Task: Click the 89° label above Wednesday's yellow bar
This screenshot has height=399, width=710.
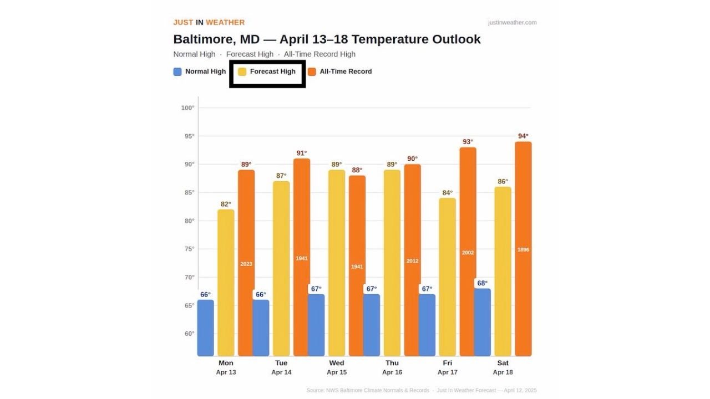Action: coord(337,165)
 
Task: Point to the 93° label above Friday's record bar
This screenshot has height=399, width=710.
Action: coord(468,142)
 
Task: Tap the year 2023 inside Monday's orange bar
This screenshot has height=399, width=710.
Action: coord(246,264)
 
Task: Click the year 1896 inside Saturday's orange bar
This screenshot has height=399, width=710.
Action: coord(523,250)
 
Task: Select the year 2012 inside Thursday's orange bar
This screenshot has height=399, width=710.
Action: coord(412,261)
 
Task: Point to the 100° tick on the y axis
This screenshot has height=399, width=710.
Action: coord(187,108)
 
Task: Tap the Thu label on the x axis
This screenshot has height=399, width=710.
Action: coord(392,363)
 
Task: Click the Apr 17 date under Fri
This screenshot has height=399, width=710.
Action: coord(448,372)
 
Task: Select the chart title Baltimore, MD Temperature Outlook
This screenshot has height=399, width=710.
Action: coord(327,39)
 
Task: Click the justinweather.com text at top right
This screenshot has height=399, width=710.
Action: coord(512,23)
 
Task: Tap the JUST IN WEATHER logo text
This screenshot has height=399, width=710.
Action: coord(209,23)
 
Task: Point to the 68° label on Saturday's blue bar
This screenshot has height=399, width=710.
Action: coord(483,283)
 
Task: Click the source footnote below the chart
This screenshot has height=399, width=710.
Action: coord(421,390)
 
